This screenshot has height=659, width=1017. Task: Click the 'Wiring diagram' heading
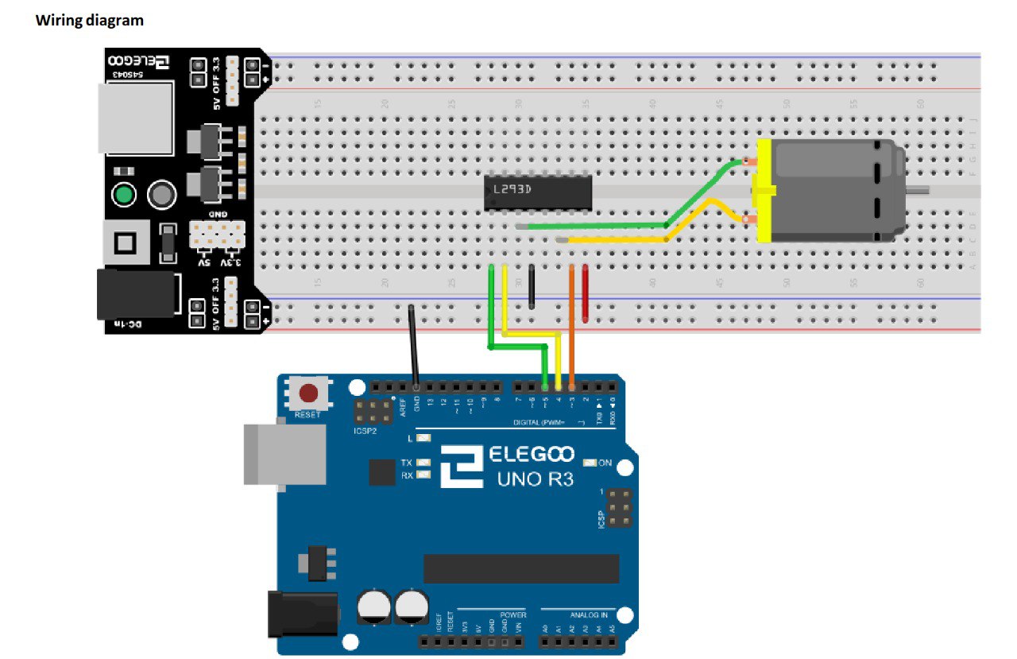[x=90, y=21]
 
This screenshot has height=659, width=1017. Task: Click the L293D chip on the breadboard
[x=538, y=192]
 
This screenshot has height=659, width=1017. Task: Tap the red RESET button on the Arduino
[x=308, y=393]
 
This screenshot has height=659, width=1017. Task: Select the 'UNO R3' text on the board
[x=534, y=479]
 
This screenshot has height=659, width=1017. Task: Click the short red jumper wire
[x=586, y=293]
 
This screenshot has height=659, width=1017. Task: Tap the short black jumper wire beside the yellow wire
[x=532, y=286]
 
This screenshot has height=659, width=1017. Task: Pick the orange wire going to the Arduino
[x=572, y=318]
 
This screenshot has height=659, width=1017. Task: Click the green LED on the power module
[x=123, y=194]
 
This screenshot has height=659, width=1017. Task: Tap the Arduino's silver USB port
[x=284, y=454]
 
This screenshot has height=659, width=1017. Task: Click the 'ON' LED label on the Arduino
[x=605, y=463]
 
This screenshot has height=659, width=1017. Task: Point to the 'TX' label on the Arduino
[x=406, y=463]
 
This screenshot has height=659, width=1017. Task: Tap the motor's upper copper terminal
[x=748, y=163]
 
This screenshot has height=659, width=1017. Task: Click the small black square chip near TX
[x=382, y=473]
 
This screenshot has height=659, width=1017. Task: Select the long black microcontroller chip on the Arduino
[x=520, y=568]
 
